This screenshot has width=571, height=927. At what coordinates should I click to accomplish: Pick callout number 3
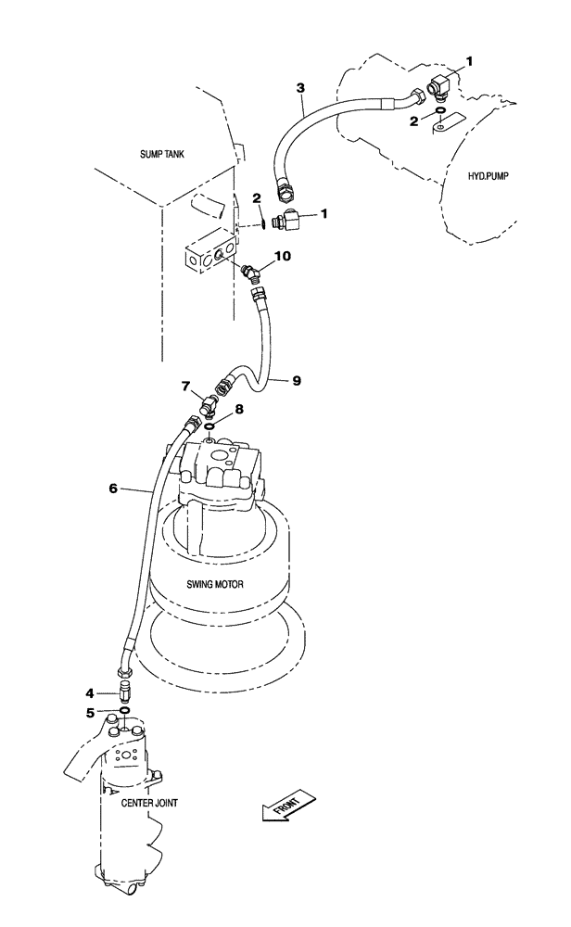coord(299,88)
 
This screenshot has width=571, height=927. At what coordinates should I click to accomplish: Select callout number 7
coord(185,385)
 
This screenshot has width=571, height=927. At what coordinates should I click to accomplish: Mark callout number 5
coord(89,712)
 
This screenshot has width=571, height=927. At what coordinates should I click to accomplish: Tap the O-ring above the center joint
coord(123,712)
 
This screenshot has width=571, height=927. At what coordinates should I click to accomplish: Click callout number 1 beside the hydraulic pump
coord(469,61)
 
